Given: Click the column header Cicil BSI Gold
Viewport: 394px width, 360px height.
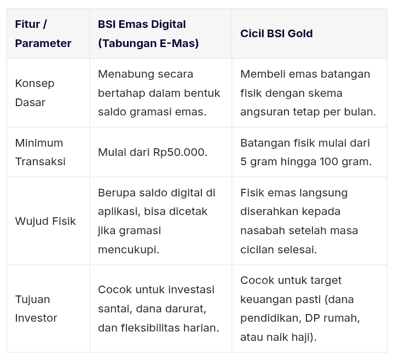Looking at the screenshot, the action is [276, 33].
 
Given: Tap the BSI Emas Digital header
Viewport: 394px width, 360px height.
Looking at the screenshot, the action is [142, 24].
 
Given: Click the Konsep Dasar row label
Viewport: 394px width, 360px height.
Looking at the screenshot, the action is [34, 93].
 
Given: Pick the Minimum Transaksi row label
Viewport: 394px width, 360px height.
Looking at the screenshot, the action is [40, 152].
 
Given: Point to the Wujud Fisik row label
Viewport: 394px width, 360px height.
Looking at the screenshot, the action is [45, 221].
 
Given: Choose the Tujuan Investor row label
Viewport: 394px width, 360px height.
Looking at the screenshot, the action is [36, 309].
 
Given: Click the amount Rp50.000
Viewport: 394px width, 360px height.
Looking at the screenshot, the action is [180, 152].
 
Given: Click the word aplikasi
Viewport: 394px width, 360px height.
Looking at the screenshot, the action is [119, 212].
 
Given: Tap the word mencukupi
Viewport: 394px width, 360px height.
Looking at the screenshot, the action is [129, 250].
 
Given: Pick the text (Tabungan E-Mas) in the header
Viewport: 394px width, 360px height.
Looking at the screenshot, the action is [148, 43].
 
